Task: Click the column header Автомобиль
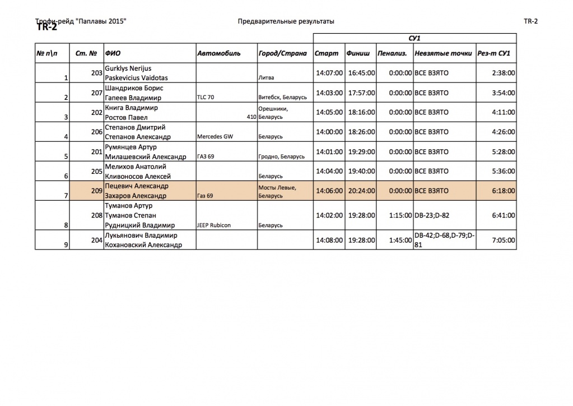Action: [x=219, y=54]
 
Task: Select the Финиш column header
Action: [x=358, y=54]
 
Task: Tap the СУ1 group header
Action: [x=414, y=38]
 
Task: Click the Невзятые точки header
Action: [x=436, y=54]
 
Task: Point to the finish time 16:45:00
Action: [x=361, y=73]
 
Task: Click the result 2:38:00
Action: [x=502, y=73]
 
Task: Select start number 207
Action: [x=96, y=93]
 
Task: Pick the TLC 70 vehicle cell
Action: [x=206, y=98]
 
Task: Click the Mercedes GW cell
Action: [x=215, y=137]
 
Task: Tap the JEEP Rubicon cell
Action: [x=214, y=225]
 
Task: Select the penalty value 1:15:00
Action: [x=400, y=215]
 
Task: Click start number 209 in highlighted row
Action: [x=96, y=191]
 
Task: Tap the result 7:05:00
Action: [x=502, y=240]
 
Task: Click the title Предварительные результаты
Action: [x=286, y=21]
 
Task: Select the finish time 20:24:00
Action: [x=361, y=191]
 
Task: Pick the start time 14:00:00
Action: [x=329, y=132]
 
